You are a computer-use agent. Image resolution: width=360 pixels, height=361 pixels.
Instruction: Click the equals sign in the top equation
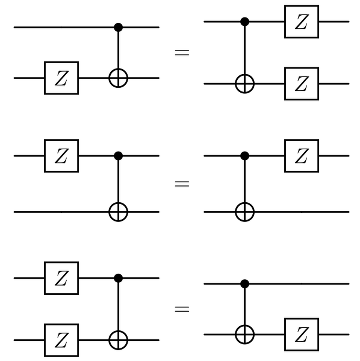(x=182, y=53)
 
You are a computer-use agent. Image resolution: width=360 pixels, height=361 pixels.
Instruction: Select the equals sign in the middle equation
(x=182, y=183)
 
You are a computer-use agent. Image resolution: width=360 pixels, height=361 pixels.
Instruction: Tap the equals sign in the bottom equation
(x=182, y=309)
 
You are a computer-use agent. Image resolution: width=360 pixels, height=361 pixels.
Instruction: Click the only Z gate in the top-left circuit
(x=61, y=78)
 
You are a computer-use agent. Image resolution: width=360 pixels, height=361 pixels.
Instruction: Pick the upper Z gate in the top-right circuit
(x=301, y=22)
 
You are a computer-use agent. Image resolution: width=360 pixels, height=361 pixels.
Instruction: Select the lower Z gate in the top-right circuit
(x=301, y=84)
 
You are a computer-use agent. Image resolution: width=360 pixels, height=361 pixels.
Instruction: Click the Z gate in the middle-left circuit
(x=61, y=156)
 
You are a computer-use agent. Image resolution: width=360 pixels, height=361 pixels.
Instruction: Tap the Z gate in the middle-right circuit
(x=301, y=156)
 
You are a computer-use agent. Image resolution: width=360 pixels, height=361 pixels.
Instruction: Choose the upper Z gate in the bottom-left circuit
(x=61, y=278)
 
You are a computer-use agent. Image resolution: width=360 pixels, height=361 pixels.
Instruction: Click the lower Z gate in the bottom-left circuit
(x=61, y=340)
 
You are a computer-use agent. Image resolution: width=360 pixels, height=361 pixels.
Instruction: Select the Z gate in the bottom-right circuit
(x=301, y=334)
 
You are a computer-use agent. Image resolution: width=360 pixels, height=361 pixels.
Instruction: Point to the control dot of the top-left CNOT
(x=118, y=27)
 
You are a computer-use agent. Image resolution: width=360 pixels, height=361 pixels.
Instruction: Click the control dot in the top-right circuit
(x=245, y=22)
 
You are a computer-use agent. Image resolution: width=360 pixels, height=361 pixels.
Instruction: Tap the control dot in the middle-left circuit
(x=118, y=156)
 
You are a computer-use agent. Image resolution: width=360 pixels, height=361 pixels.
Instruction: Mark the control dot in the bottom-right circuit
(x=245, y=284)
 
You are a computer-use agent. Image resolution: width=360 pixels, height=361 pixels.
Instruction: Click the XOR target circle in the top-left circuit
(x=118, y=78)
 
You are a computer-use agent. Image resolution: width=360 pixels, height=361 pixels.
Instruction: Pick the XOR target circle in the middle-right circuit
(x=245, y=212)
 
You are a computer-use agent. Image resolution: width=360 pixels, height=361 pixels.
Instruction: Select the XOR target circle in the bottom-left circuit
(x=118, y=340)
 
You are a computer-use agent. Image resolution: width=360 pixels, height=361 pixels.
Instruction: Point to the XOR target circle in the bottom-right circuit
(x=245, y=334)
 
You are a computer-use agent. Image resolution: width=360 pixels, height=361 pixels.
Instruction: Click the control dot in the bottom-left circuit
(x=118, y=278)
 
